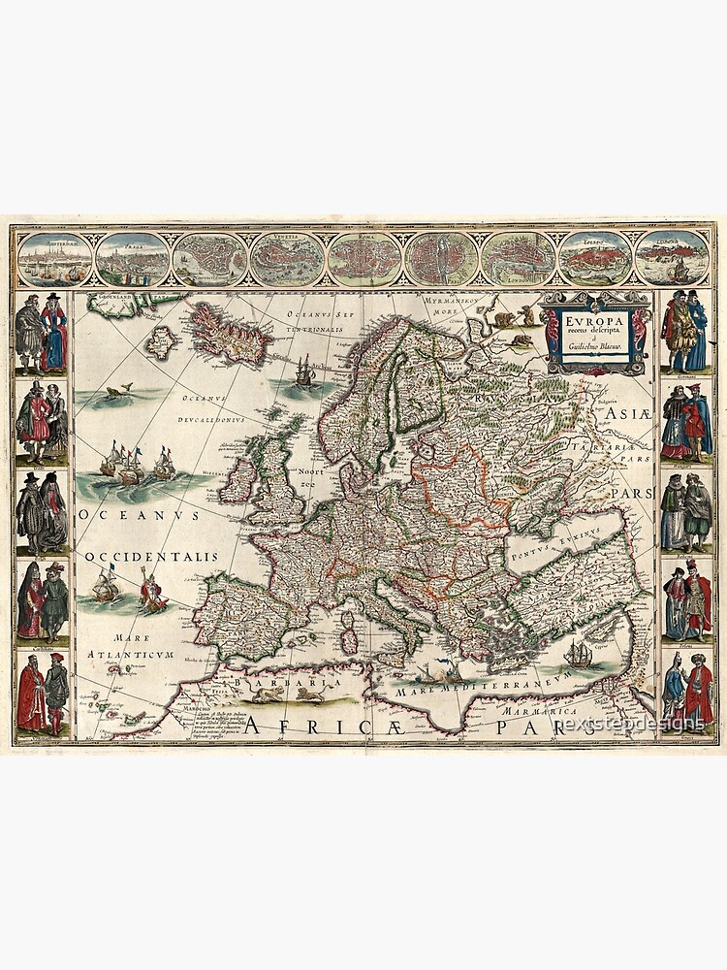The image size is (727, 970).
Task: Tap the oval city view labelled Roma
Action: (x=364, y=258)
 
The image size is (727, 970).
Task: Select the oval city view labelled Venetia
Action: (x=287, y=258)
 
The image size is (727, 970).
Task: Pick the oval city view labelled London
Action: (x=519, y=258)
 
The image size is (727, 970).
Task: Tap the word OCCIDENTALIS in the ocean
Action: (x=150, y=557)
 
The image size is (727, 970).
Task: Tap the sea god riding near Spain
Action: (x=152, y=592)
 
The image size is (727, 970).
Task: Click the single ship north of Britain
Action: (x=305, y=371)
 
